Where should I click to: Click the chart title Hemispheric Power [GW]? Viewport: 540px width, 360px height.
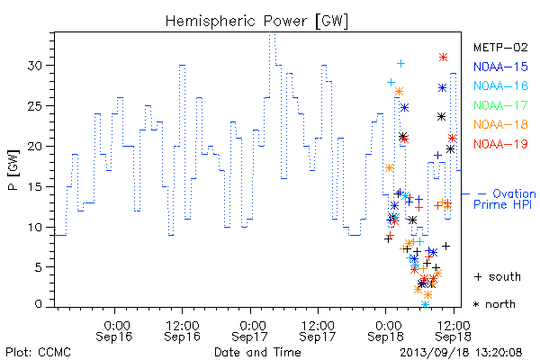point(256,21)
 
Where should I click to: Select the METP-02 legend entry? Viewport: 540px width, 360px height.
point(500,47)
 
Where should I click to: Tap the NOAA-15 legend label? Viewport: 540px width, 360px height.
point(500,67)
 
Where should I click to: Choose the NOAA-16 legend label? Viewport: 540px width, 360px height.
point(500,85)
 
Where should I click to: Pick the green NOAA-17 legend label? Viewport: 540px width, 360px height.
point(500,105)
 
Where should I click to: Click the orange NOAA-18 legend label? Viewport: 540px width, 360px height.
point(500,124)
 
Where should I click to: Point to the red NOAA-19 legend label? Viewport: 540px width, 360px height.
point(500,144)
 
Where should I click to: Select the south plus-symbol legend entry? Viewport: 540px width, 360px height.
point(498,276)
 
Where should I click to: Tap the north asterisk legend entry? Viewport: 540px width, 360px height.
point(494,304)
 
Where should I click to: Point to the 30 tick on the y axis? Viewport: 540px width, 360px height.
point(35,66)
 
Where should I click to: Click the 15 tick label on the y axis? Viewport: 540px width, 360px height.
point(35,186)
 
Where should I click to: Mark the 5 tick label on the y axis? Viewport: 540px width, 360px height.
point(39,267)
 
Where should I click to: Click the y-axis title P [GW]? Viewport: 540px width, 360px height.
point(13,170)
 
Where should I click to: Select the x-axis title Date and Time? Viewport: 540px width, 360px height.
point(257,352)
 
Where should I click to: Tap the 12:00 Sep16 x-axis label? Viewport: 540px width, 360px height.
point(182,331)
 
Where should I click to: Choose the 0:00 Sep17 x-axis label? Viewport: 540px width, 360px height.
point(249,331)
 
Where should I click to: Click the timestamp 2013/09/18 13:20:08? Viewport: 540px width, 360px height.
point(461,353)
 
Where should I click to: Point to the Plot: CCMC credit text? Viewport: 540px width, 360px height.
point(38,353)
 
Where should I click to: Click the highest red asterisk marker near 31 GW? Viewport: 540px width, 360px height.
point(443,58)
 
